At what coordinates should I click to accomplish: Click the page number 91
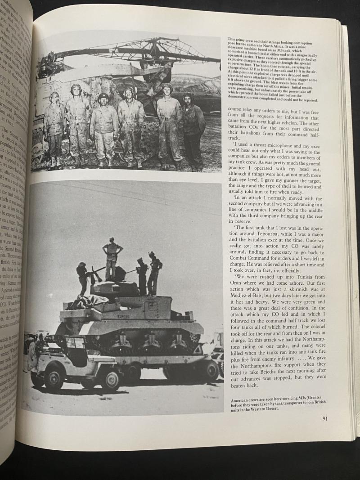click(325, 418)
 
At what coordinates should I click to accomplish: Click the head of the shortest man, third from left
click(103, 99)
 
